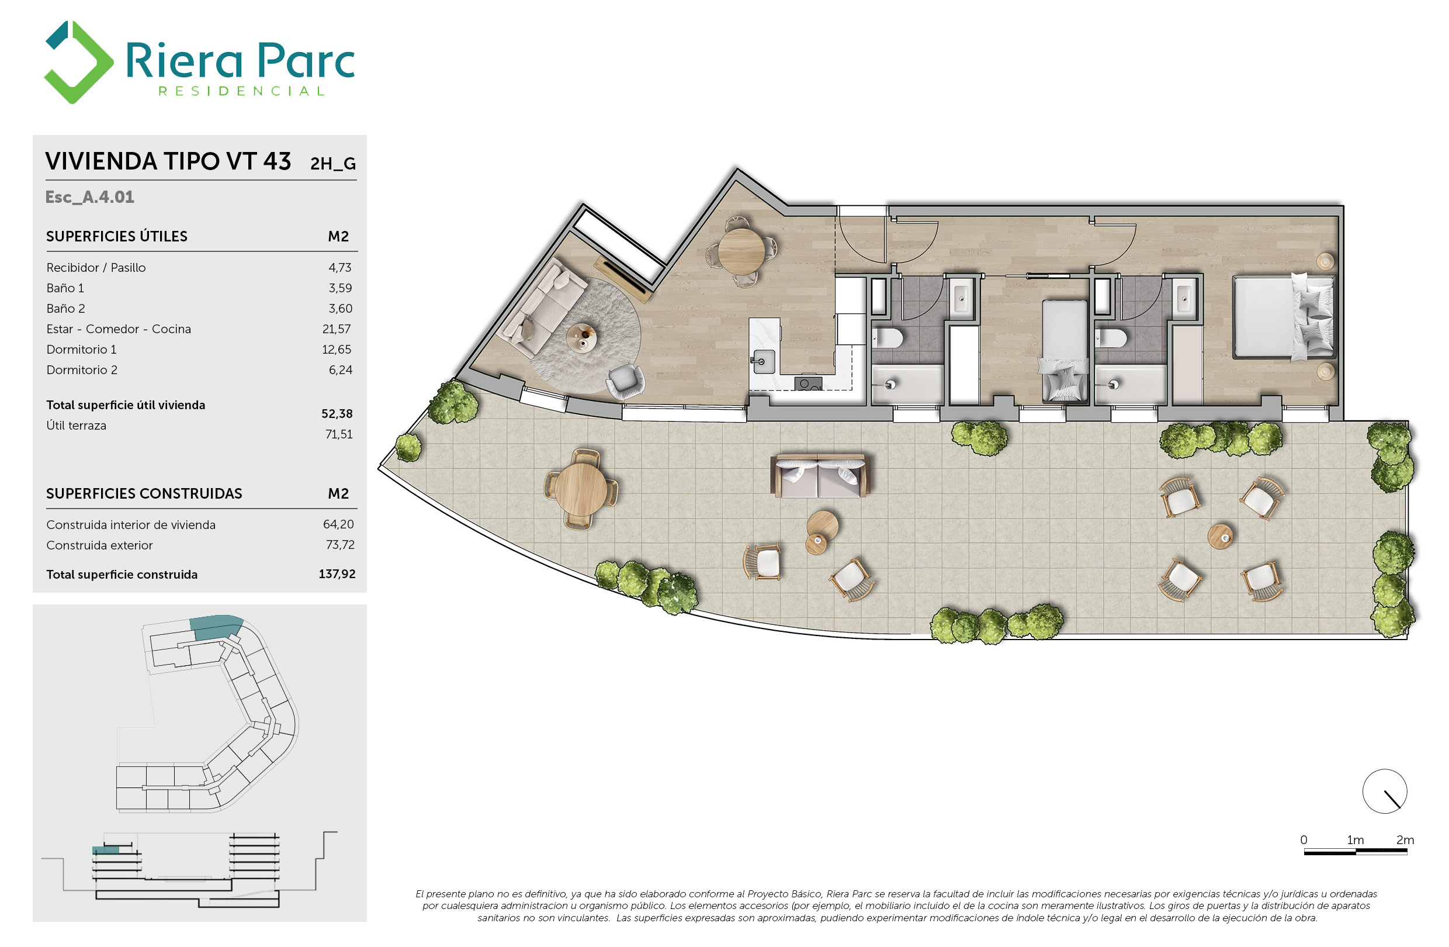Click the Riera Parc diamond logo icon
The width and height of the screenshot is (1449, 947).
pyautogui.click(x=78, y=62)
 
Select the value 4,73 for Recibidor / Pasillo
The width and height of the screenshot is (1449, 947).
pyautogui.click(x=339, y=268)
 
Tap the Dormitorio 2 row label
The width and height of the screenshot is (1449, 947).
pyautogui.click(x=82, y=370)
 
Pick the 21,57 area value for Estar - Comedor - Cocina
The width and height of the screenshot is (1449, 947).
pyautogui.click(x=337, y=330)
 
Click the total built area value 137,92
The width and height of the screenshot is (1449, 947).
pyautogui.click(x=337, y=574)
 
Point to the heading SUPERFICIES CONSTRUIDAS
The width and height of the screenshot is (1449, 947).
pyautogui.click(x=144, y=494)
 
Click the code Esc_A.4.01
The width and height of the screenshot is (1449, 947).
pyautogui.click(x=89, y=198)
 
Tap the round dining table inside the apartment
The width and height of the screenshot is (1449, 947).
pyautogui.click(x=741, y=251)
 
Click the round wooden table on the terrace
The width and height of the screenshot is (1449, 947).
pyautogui.click(x=581, y=489)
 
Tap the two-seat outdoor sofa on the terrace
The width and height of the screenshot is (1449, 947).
pyautogui.click(x=820, y=476)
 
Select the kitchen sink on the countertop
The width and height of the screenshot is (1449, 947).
pyautogui.click(x=764, y=362)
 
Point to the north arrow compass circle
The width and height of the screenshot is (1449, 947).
pyautogui.click(x=1384, y=792)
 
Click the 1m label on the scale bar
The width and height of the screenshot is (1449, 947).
pyautogui.click(x=1356, y=841)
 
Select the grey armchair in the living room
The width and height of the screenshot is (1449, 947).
pyautogui.click(x=625, y=381)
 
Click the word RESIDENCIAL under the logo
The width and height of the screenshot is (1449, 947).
pyautogui.click(x=242, y=91)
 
